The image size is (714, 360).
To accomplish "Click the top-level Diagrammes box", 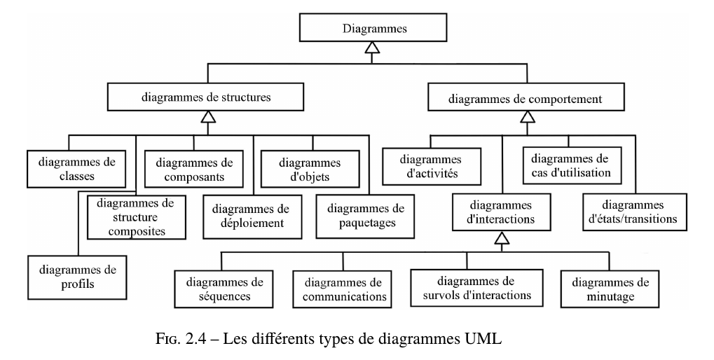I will [374, 29].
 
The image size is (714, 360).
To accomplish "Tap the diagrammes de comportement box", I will [525, 99].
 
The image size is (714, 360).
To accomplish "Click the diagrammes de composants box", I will [194, 169].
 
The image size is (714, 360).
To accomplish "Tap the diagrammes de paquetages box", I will [360, 216].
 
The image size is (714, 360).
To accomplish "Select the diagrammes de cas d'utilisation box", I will [571, 165].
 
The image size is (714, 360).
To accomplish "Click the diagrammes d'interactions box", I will [500, 212].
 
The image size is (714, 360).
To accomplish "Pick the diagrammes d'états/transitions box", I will [634, 212].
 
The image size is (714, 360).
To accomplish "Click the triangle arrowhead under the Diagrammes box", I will [374, 49].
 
